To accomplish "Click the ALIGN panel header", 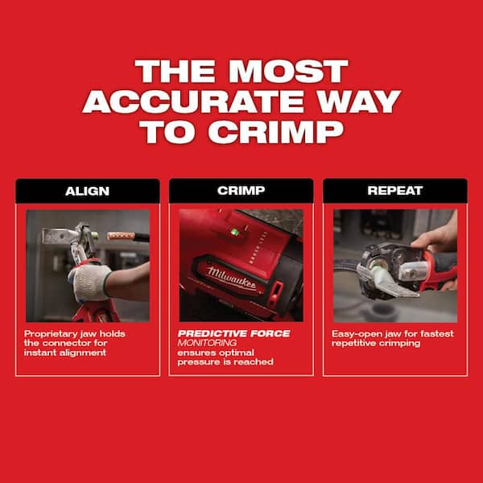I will pyautogui.click(x=87, y=192).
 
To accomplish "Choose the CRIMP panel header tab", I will pyautogui.click(x=241, y=192).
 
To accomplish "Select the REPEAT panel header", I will pyautogui.click(x=394, y=192).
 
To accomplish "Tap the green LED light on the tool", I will pyautogui.click(x=234, y=233).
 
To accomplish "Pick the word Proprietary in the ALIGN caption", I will pyautogui.click(x=50, y=333).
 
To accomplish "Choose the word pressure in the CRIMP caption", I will pyautogui.click(x=199, y=362).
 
